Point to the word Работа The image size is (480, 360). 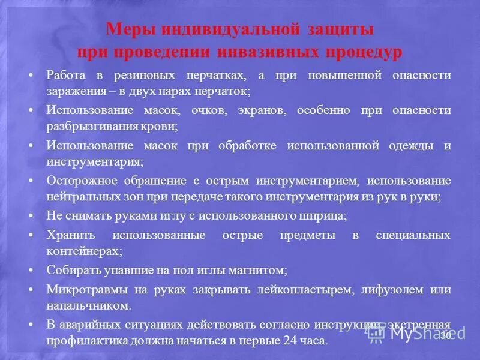click(x=67, y=76)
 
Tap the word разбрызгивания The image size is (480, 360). click(x=91, y=127)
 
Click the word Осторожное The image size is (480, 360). click(x=83, y=181)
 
